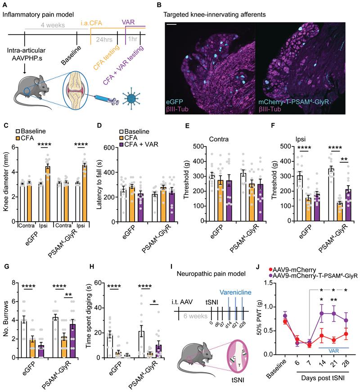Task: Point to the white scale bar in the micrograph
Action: pyautogui.click(x=171, y=19)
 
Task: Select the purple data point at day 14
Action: pyautogui.click(x=310, y=313)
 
